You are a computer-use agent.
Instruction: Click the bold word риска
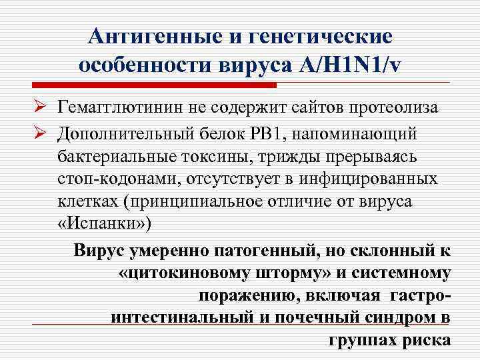[x=427, y=339]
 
